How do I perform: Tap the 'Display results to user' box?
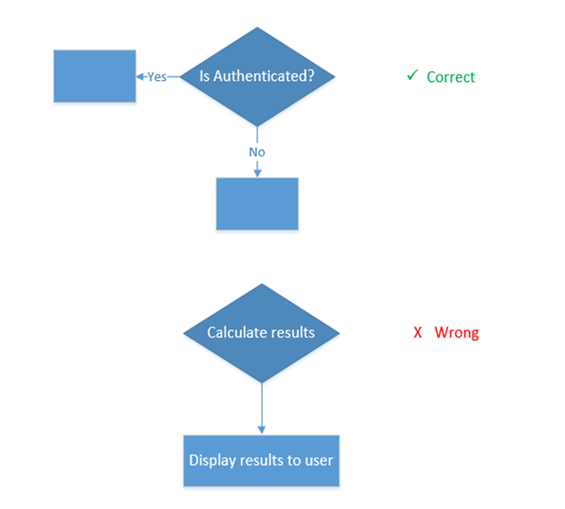tap(261, 460)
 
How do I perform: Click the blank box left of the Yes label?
tap(94, 76)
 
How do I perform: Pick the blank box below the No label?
tap(256, 204)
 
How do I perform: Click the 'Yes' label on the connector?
tap(157, 76)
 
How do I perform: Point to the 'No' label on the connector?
tap(257, 152)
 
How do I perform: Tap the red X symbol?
tap(417, 333)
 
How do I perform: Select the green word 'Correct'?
tap(451, 77)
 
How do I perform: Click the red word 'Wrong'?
tap(456, 333)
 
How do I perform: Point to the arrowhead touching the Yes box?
tap(140, 76)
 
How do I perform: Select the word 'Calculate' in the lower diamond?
tap(237, 333)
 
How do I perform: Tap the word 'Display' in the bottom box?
tap(212, 460)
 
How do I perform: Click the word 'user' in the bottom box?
tap(318, 460)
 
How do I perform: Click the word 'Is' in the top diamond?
tap(205, 76)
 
